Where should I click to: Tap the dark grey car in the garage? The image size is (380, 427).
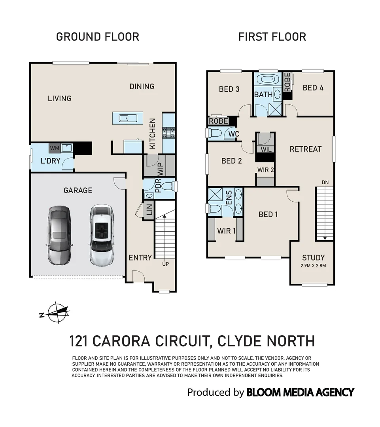tap(59, 236)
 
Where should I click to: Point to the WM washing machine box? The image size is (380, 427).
tap(54, 148)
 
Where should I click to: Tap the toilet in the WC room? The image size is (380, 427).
tap(215, 133)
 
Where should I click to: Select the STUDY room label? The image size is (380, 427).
tap(313, 257)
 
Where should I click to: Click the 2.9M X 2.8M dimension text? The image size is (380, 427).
tap(313, 265)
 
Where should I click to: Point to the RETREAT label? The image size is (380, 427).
tap(306, 149)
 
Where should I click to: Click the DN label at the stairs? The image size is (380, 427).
tap(325, 182)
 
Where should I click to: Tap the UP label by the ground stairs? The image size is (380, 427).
tap(165, 264)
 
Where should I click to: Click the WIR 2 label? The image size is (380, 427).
tap(266, 170)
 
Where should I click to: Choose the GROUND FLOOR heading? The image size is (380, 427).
tap(98, 37)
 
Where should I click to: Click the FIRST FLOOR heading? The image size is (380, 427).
tap(272, 37)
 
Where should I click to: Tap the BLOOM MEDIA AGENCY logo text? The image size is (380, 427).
tap(300, 392)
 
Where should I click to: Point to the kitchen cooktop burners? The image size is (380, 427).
tap(169, 134)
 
